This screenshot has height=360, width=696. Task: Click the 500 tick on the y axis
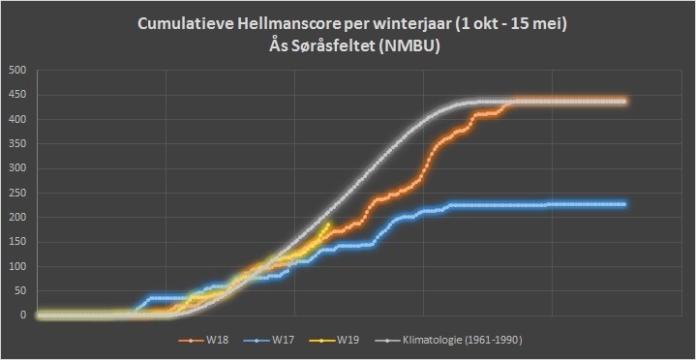click(19, 71)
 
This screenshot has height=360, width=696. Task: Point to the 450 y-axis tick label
click(19, 95)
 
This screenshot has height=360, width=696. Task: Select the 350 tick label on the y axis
click(19, 144)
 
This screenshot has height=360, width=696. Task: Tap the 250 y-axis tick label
click(19, 194)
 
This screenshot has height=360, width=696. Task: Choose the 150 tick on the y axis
click(19, 242)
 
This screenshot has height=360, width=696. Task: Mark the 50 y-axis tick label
click(21, 291)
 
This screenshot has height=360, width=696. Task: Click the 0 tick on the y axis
click(24, 315)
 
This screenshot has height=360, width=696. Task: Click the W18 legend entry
click(198, 341)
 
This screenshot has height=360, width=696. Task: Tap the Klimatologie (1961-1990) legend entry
click(448, 341)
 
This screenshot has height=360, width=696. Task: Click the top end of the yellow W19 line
click(328, 225)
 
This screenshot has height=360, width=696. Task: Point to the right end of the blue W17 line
click(624, 204)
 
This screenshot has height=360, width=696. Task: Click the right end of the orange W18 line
click(624, 102)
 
